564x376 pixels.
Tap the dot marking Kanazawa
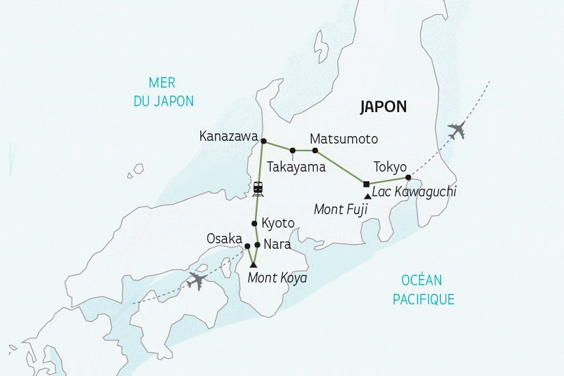click(263, 142)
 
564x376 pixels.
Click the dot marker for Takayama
click(293, 150)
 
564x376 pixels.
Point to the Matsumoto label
click(343, 139)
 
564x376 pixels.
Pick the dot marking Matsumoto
click(315, 150)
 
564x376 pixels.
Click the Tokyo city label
click(390, 167)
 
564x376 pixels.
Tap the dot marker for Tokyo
click(408, 178)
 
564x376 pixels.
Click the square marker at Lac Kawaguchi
click(366, 184)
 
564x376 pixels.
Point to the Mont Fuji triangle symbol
click(368, 197)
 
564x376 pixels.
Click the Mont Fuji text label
click(340, 209)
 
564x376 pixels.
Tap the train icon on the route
click(258, 187)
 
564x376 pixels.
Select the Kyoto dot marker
click(254, 224)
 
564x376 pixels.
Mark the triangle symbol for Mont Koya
click(253, 265)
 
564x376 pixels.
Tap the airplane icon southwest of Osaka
click(196, 280)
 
